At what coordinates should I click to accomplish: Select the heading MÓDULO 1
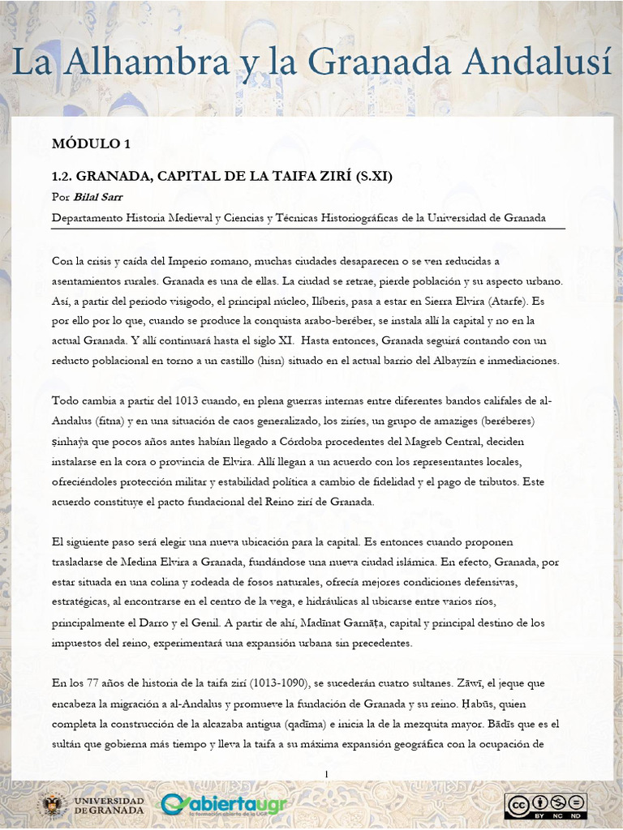(91, 144)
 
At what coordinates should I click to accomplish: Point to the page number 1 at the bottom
(326, 775)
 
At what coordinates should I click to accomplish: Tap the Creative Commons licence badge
(545, 805)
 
